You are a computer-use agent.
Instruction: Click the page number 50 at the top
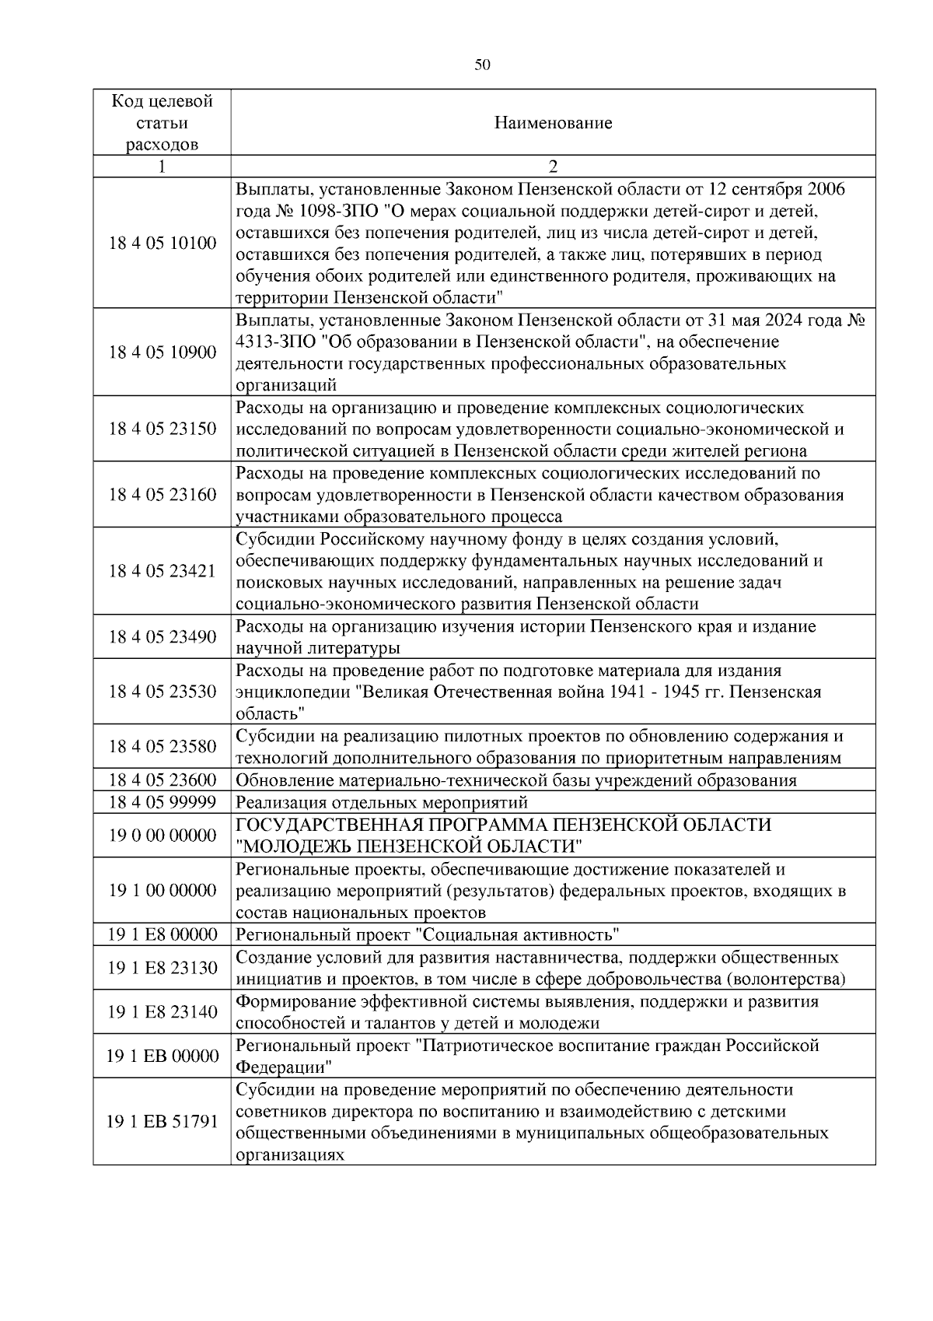click(482, 65)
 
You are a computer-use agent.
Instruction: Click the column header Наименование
click(553, 123)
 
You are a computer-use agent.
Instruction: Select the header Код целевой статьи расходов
click(162, 123)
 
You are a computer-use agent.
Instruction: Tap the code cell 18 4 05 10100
click(162, 243)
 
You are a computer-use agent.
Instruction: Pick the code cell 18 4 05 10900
click(162, 352)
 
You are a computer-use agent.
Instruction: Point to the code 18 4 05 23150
click(162, 429)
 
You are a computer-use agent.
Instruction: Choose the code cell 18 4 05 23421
click(162, 571)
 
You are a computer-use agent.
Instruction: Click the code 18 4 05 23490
click(162, 637)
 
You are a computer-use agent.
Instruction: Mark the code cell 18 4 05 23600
click(162, 780)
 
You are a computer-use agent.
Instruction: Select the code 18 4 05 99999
click(162, 802)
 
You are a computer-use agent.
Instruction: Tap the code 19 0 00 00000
click(162, 836)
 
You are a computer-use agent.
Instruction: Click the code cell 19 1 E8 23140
click(162, 1011)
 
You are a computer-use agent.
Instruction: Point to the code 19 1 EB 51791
click(162, 1121)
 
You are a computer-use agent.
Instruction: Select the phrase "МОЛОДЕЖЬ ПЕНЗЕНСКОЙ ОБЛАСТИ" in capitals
click(410, 846)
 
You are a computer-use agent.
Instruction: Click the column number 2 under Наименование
click(553, 166)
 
